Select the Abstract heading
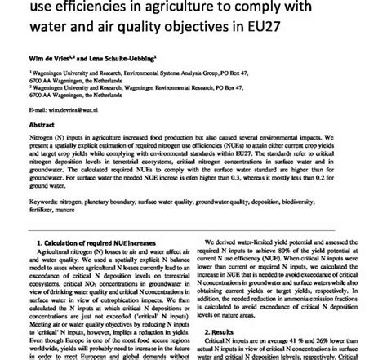pos(42,127)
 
